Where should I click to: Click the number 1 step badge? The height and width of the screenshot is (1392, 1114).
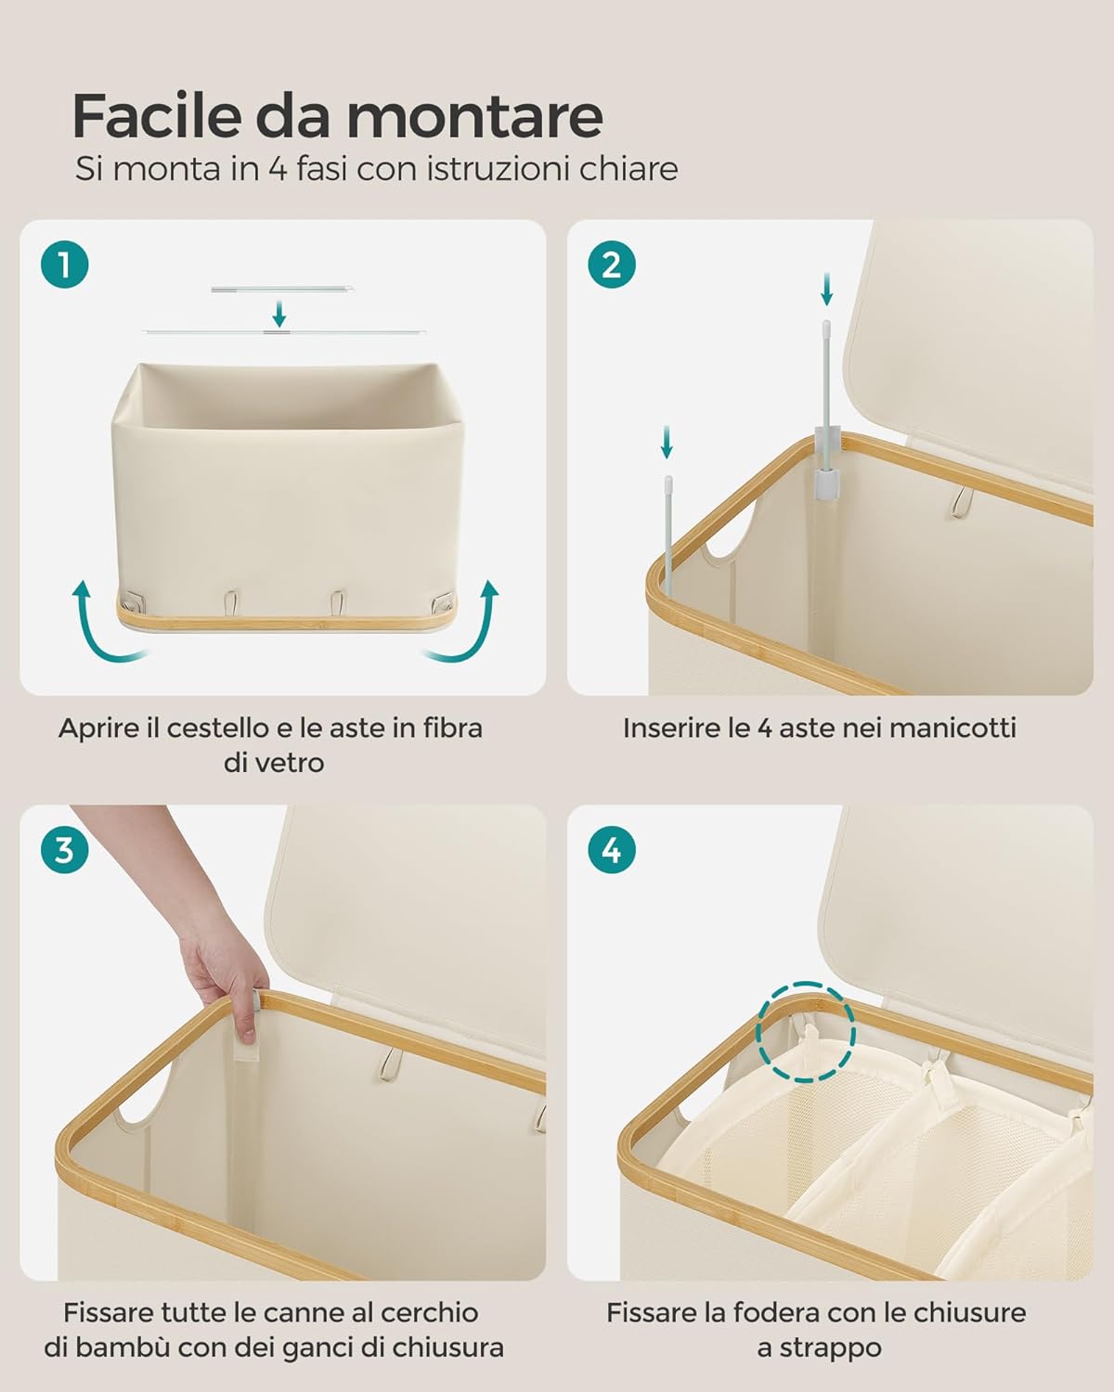(x=65, y=264)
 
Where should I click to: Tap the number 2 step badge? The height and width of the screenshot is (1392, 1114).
(x=612, y=264)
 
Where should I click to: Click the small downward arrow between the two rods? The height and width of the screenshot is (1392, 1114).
(x=279, y=313)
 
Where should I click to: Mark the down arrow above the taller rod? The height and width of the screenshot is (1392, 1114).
(x=826, y=289)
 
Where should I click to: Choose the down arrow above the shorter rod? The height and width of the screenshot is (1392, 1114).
(x=667, y=441)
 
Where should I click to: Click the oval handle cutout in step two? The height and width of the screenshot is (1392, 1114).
(x=730, y=539)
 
